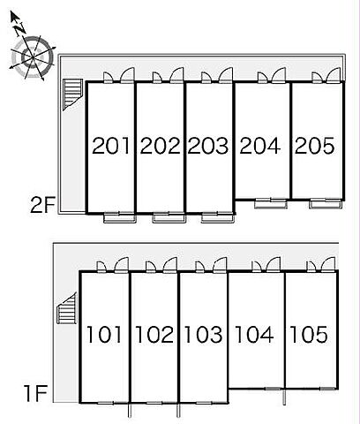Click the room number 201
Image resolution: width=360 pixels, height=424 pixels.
click(x=111, y=146)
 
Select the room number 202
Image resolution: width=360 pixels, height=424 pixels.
click(x=160, y=146)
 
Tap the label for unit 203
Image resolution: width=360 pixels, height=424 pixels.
click(x=208, y=146)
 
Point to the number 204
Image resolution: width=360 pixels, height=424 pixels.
click(x=260, y=146)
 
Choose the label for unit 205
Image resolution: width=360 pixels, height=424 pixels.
click(x=315, y=146)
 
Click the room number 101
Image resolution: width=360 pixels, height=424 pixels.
click(x=104, y=335)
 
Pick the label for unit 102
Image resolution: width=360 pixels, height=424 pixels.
click(x=154, y=335)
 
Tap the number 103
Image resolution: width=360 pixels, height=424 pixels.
click(x=204, y=335)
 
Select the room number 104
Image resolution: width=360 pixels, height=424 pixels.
click(x=255, y=335)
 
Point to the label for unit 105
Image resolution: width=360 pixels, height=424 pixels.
click(x=309, y=335)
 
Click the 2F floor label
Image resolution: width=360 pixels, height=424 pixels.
click(x=43, y=205)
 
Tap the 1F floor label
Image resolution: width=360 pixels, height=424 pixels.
click(x=36, y=394)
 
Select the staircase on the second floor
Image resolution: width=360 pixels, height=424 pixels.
click(x=72, y=95)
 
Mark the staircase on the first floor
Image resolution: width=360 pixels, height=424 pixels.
click(x=67, y=308)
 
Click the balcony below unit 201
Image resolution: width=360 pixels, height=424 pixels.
click(x=120, y=217)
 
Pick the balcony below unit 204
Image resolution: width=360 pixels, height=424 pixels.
click(x=271, y=204)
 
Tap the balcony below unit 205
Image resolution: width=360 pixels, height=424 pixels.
click(x=326, y=204)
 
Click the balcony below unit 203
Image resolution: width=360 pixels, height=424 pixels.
click(x=218, y=217)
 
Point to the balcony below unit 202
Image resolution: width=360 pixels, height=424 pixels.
click(x=169, y=217)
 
